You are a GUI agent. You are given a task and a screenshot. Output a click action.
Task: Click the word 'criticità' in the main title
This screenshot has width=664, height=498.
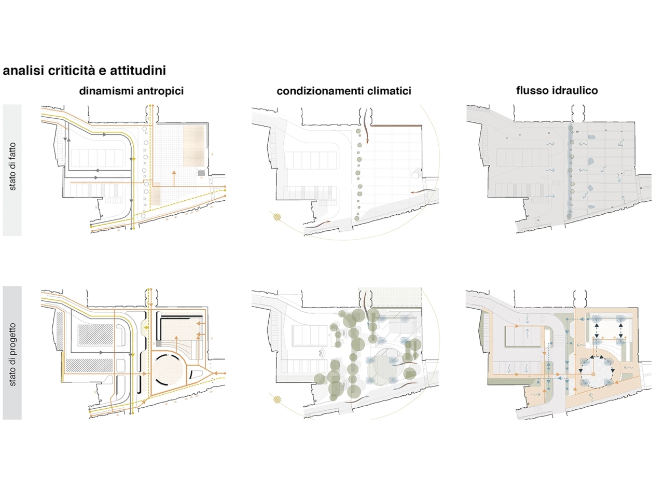tap(70, 71)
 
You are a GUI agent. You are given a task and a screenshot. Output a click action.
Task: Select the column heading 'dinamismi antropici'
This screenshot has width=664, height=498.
tap(131, 91)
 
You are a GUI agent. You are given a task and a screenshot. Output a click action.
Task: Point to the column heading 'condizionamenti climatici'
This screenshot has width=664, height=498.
tap(343, 91)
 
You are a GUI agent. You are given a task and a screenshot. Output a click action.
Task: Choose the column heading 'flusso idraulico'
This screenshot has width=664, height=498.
tap(557, 91)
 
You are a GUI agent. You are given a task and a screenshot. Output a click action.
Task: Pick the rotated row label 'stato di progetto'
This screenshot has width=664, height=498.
tap(12, 354)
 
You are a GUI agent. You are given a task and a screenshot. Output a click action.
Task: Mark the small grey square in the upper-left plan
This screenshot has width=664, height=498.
tap(201, 173)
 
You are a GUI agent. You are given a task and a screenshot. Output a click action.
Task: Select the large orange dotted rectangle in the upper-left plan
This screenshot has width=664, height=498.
tap(195, 139)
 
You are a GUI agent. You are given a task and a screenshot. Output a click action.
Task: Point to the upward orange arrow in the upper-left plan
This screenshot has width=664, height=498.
tap(174, 176)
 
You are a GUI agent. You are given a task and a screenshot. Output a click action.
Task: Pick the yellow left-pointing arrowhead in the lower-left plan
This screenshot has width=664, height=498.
tap(147, 327)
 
